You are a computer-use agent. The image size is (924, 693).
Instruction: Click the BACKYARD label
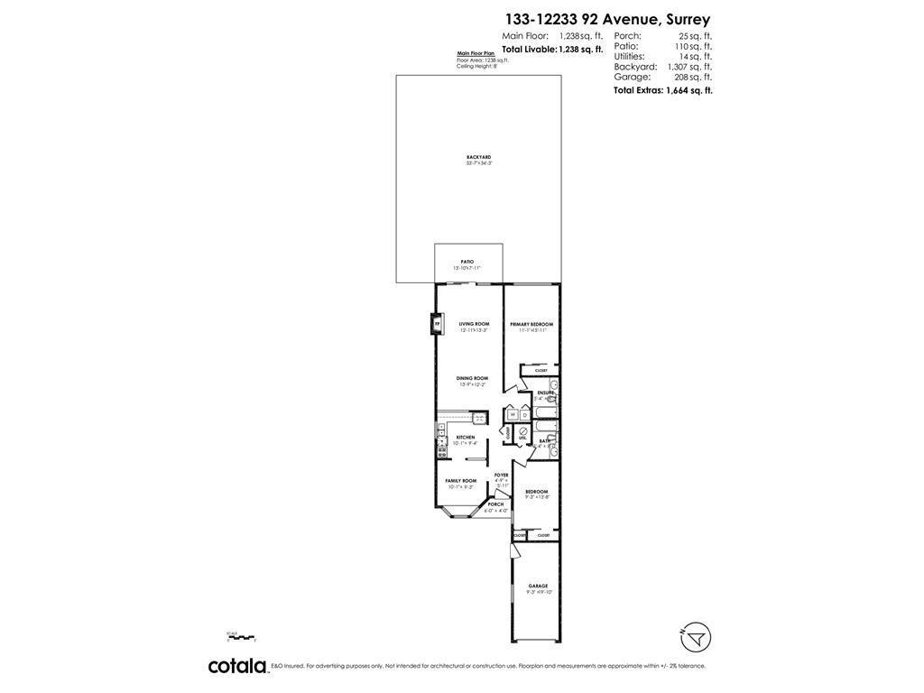point(478,157)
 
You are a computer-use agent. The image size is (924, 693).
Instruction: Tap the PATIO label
point(467,262)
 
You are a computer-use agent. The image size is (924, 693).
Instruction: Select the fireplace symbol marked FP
point(438,322)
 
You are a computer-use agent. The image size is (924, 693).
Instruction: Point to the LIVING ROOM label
point(474,324)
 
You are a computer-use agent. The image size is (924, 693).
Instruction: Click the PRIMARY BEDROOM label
point(531,324)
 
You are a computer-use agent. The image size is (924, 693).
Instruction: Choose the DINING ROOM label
point(471,378)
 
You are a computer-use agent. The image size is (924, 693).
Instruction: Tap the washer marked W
point(512,414)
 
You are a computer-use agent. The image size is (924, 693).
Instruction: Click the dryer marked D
point(524,414)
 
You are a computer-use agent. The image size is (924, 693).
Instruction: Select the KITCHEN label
point(465,438)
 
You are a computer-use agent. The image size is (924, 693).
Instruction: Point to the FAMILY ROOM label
point(460,481)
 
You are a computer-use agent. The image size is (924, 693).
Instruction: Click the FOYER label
point(501,475)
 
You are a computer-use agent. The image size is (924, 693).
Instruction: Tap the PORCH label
point(495,504)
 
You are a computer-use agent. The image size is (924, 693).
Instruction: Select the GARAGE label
point(538,587)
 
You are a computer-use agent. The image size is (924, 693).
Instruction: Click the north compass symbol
point(695,637)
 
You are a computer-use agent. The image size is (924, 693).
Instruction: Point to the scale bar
point(243,638)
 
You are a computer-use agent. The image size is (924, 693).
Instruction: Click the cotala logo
point(237,666)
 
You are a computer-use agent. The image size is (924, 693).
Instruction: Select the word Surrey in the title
point(688,19)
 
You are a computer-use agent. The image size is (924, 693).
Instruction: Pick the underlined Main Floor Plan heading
point(476,53)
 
